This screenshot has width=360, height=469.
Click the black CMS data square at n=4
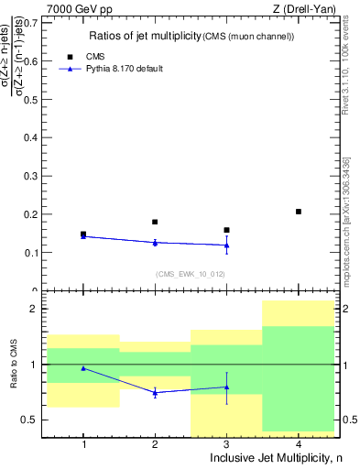click(299, 212)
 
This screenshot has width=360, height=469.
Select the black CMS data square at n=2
click(155, 222)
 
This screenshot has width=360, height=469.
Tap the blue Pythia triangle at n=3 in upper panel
click(226, 245)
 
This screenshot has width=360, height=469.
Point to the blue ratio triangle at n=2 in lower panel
click(155, 393)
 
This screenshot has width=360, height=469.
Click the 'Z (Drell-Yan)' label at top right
click(309, 8)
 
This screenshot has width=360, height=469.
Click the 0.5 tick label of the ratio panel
click(35, 420)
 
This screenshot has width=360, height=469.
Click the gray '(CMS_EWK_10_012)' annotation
click(191, 274)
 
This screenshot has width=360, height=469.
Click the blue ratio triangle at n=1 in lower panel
click(83, 368)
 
